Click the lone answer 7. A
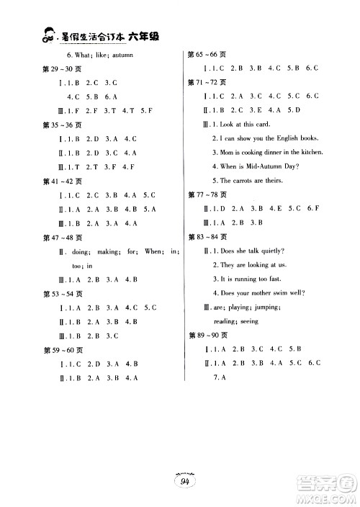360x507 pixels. (x=220, y=378)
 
